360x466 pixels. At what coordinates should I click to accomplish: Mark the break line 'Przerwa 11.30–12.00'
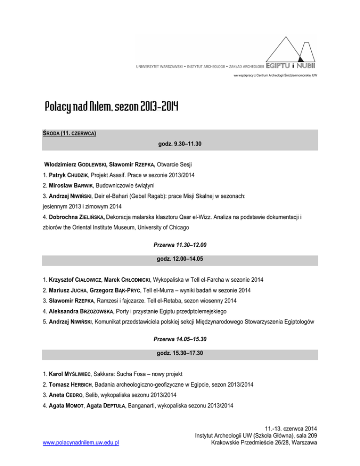(x=180, y=245)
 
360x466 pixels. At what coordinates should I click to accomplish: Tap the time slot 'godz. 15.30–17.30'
(x=180, y=353)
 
